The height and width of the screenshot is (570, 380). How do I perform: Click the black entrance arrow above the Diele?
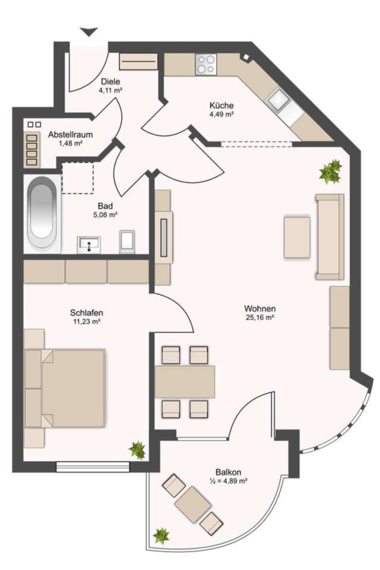(x=88, y=32)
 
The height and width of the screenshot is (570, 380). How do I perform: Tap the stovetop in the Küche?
(x=206, y=64)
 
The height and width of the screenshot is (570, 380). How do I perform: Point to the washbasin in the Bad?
(x=89, y=245)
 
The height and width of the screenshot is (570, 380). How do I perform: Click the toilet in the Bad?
(x=128, y=242)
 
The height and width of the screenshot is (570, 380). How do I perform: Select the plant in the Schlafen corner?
(x=138, y=450)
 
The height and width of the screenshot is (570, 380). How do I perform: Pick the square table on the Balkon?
(x=193, y=505)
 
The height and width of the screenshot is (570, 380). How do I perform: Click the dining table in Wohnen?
(x=185, y=382)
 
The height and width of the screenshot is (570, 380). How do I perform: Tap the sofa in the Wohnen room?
(x=330, y=237)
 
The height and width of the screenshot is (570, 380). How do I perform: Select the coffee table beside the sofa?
(x=297, y=237)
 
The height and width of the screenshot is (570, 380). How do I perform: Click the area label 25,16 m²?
(x=259, y=317)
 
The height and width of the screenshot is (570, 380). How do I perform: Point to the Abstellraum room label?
(x=71, y=135)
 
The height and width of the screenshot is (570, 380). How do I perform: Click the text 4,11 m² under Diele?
(x=110, y=90)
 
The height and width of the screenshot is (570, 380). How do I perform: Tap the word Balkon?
(x=229, y=473)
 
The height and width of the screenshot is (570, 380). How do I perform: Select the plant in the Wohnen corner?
(x=331, y=171)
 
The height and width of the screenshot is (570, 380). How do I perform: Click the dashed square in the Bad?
(x=77, y=178)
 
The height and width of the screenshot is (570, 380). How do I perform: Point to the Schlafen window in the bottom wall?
(x=93, y=466)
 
